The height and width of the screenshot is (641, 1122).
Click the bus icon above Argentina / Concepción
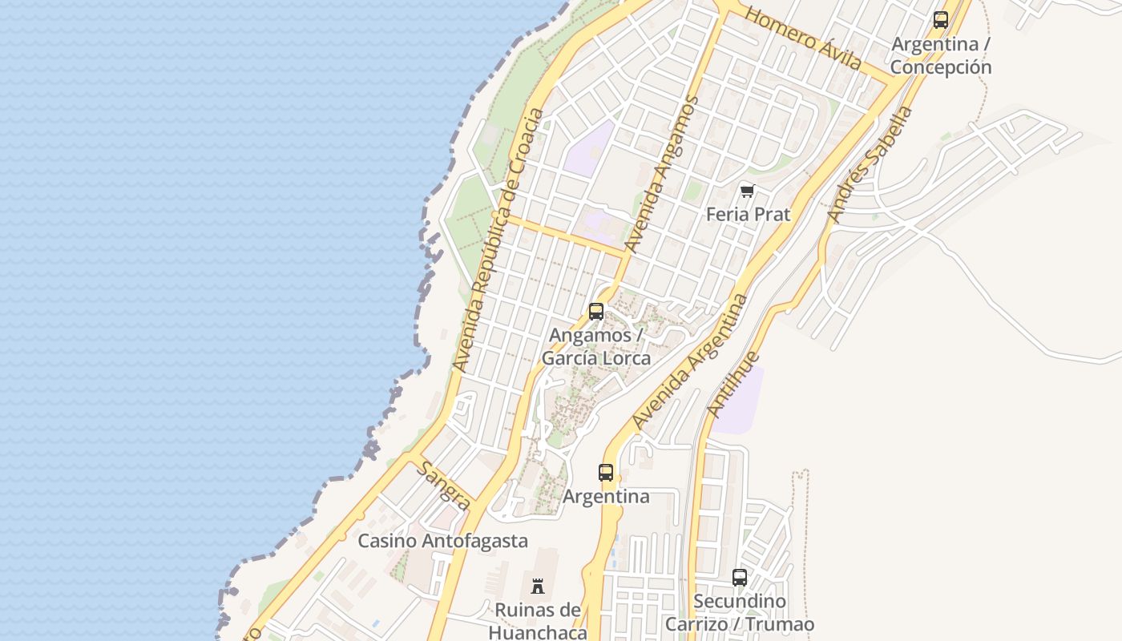coord(941,20)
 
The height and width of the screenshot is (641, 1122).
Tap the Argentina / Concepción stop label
coord(941,55)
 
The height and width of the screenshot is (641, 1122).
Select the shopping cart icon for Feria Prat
coord(748,191)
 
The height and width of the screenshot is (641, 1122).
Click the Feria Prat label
coord(748,215)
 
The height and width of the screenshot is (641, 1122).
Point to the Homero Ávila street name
coord(803,38)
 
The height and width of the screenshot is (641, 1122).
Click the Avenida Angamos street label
coord(661,175)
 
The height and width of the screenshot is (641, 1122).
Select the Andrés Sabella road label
coord(870,164)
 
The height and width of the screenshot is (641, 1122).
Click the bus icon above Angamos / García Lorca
coord(596,312)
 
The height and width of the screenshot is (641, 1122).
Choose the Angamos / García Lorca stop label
coord(596,346)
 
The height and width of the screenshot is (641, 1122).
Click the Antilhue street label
coord(733,384)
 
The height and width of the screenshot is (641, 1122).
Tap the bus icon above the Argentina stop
coord(606,473)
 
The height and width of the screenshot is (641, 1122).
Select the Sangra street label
coord(443,486)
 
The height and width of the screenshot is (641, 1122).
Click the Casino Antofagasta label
coord(442,541)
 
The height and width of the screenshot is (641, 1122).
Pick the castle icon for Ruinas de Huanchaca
coord(538,586)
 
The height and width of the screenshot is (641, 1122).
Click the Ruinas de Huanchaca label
coord(538,621)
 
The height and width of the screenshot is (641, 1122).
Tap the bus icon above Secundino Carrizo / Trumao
coord(740,577)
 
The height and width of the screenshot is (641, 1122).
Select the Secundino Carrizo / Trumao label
coord(740,613)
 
